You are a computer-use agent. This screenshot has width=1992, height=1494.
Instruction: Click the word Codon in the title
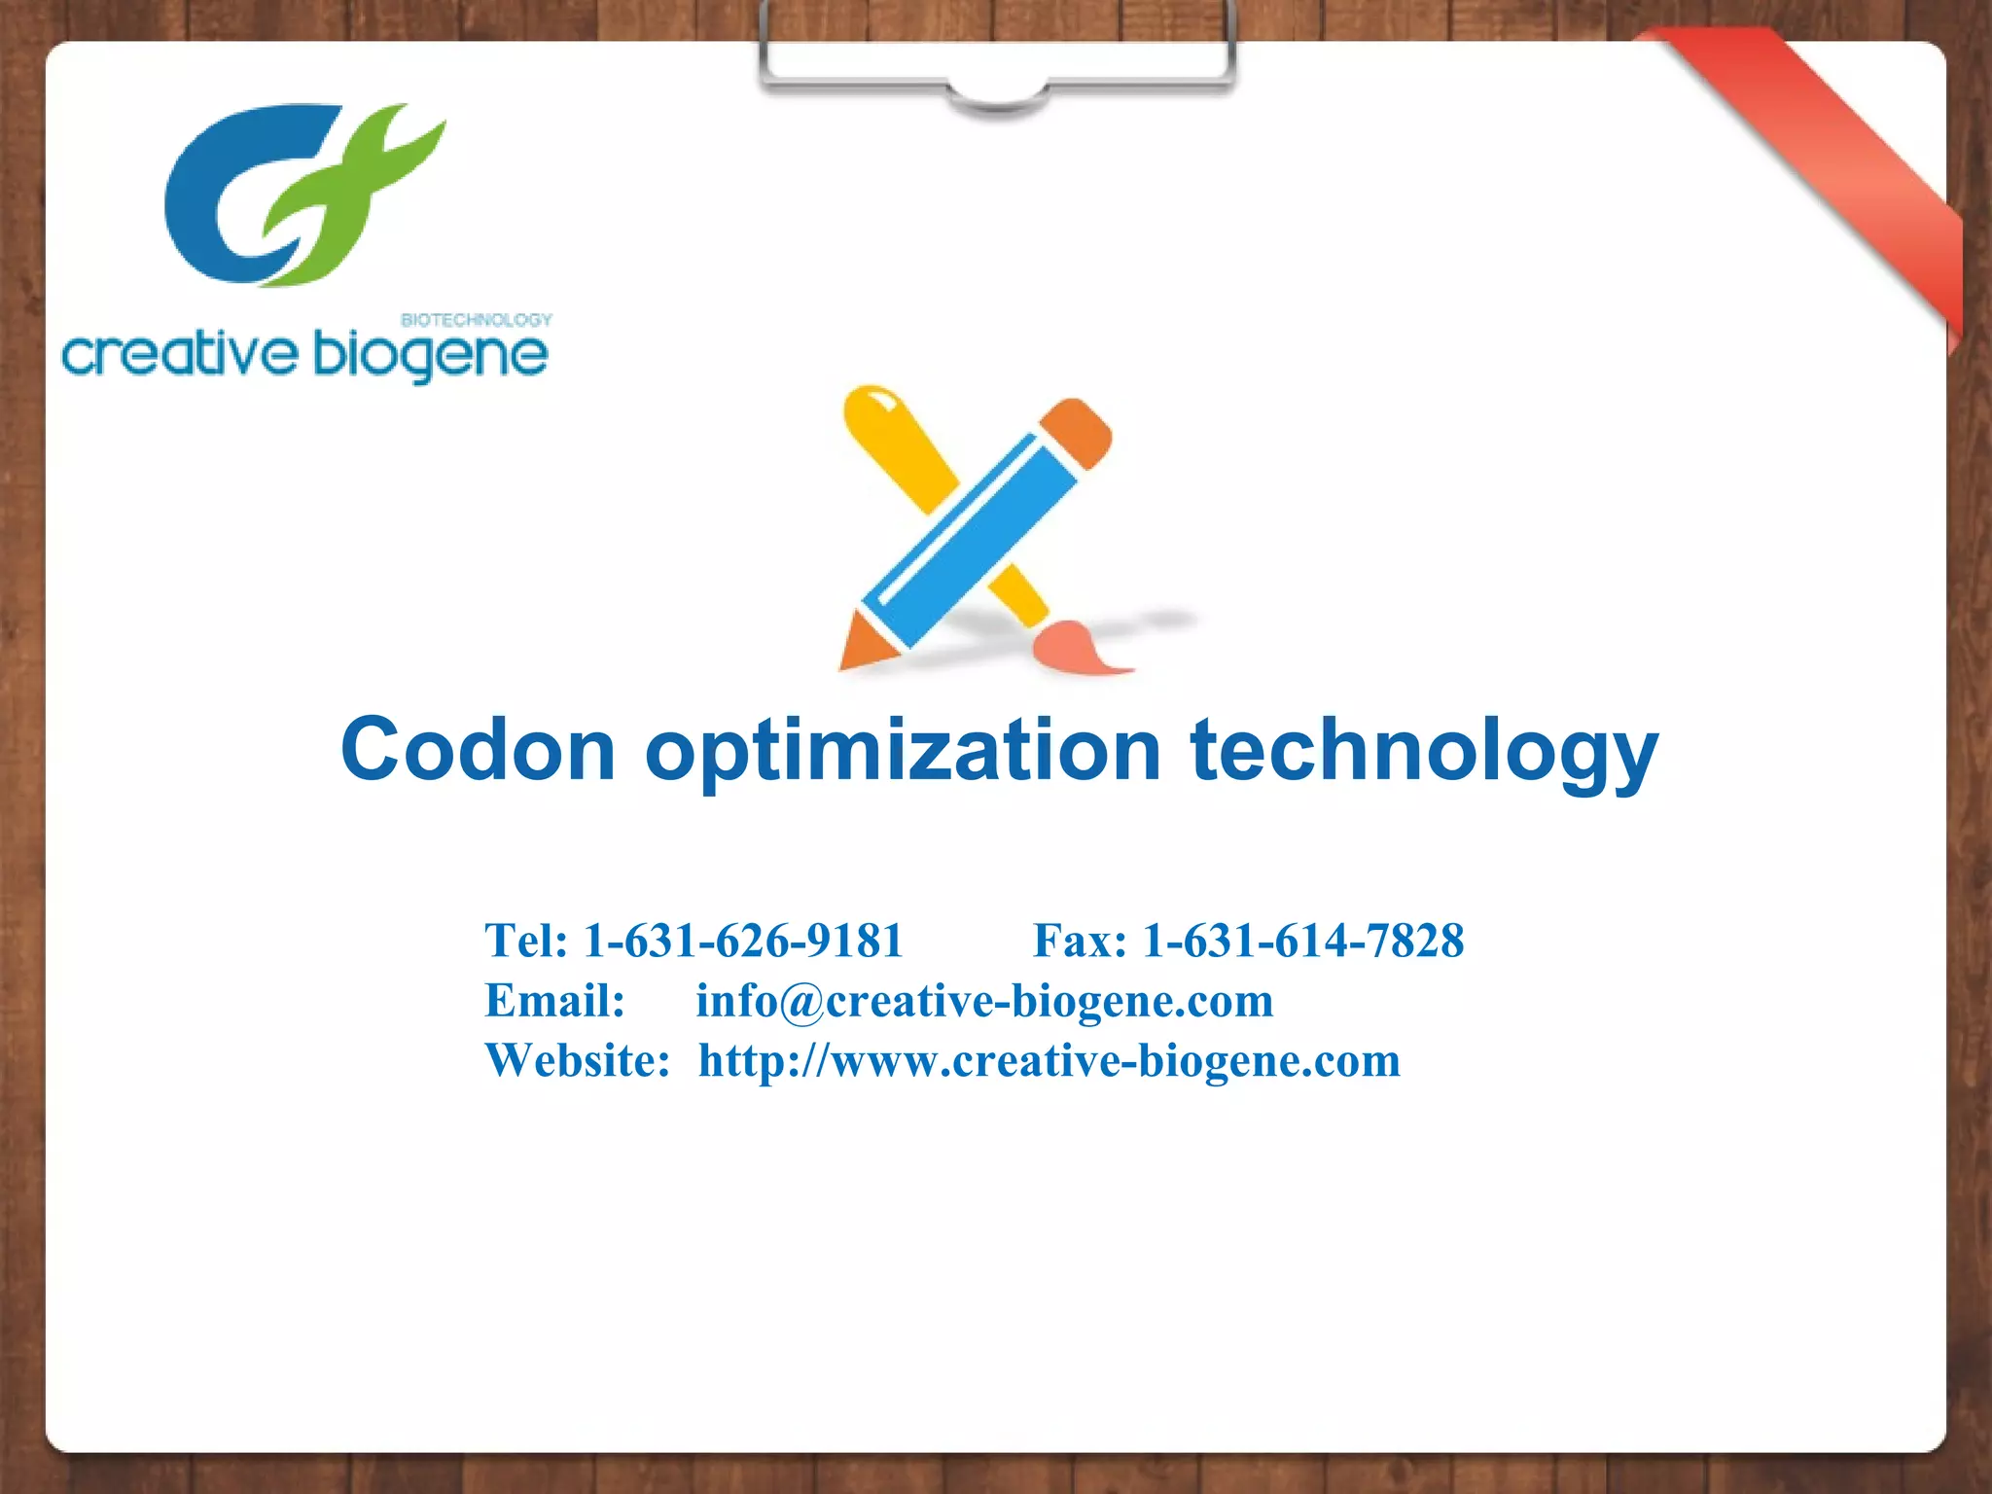[478, 749]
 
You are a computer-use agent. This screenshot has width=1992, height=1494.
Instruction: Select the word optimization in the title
[904, 751]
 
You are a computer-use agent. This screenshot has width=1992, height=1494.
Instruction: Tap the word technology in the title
[1424, 751]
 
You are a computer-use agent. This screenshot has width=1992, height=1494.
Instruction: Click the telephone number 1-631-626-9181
[743, 941]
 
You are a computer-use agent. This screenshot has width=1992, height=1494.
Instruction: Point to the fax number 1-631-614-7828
[1303, 941]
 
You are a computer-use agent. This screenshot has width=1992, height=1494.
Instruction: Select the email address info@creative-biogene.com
[984, 1001]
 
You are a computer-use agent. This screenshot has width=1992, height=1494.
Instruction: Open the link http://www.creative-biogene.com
[1049, 1060]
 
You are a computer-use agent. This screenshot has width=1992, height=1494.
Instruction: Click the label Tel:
[526, 941]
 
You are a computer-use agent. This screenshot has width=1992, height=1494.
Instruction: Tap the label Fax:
[1080, 941]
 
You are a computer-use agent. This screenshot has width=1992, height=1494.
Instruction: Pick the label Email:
[554, 1001]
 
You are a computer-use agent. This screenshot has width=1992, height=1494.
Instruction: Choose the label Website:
[578, 1060]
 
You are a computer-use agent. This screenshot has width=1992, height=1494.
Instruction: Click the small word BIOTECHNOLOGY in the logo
[477, 319]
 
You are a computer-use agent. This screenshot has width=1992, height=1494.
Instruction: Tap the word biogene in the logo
[431, 355]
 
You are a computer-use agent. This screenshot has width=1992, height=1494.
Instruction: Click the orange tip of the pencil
[861, 644]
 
